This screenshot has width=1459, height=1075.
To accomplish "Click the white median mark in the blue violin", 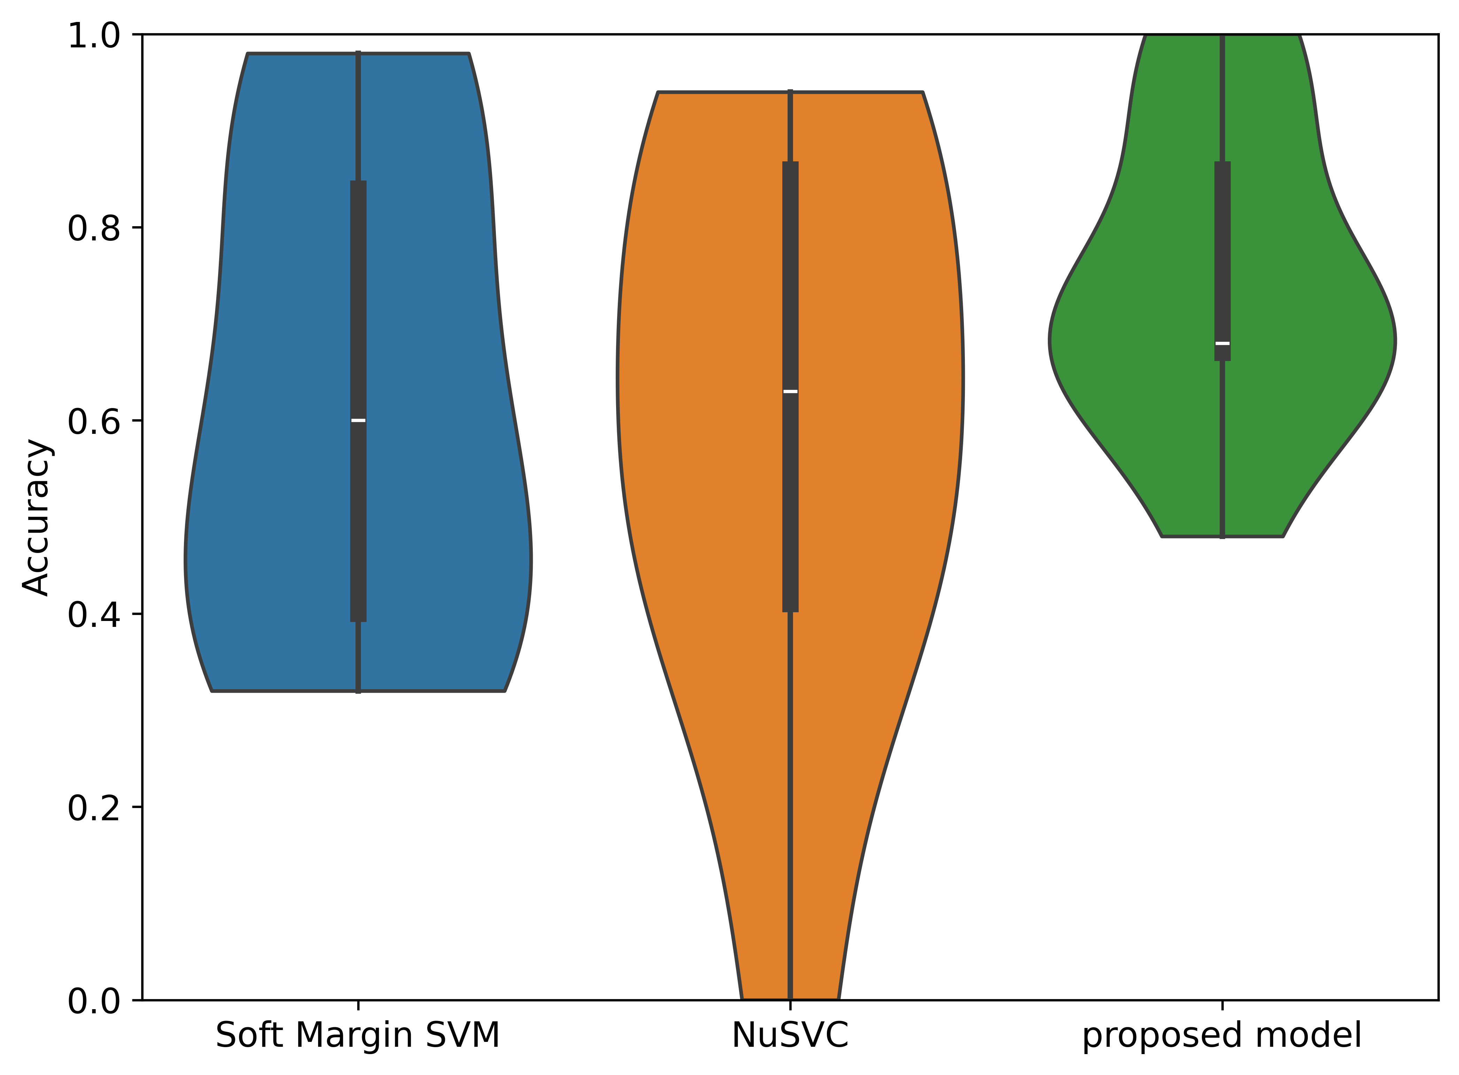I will tap(358, 420).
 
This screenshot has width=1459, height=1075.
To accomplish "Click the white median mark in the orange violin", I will tap(790, 391).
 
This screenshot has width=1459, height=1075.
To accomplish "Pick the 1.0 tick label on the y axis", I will tap(94, 36).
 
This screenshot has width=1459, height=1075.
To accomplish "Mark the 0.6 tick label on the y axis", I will tap(94, 422).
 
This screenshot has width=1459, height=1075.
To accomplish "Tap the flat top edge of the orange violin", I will tap(716, 92).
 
